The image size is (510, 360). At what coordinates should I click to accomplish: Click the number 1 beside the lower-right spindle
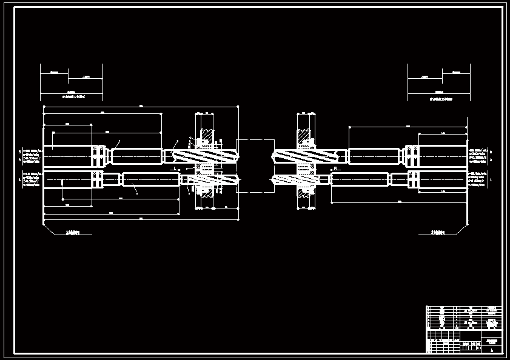pos(490,180)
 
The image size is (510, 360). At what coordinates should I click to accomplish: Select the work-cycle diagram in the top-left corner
pos(72,82)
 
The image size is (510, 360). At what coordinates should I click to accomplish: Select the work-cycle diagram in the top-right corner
pos(438,82)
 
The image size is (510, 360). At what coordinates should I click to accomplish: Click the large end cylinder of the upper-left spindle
pos(68,156)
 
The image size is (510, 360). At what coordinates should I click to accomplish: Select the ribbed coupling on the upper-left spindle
pos(98,156)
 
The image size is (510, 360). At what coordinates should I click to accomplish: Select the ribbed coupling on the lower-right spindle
pos(413,180)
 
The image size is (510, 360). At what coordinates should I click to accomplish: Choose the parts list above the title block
pos(465,318)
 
